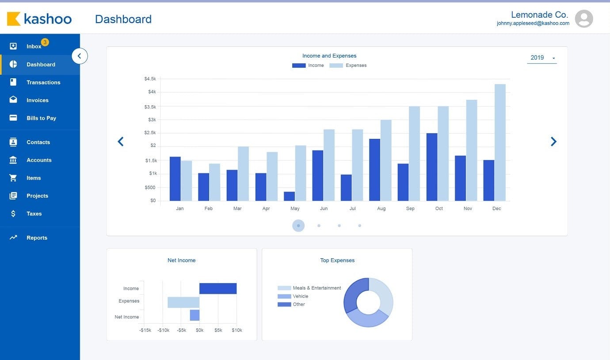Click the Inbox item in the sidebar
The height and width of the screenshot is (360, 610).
coord(34,46)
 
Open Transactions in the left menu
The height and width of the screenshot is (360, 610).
coord(43,82)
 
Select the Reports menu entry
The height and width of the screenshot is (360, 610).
coord(37,238)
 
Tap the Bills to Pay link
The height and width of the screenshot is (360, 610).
coord(41,118)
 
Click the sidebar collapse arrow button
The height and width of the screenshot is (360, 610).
coord(80,56)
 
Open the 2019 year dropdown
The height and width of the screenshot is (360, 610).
coord(541,58)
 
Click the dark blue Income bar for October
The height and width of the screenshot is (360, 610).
coord(432,167)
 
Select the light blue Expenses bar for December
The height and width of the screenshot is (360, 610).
coord(500,142)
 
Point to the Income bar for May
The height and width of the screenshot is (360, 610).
coord(289,196)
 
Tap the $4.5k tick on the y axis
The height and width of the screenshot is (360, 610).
coord(150,79)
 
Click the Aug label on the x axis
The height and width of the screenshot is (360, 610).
coord(381,209)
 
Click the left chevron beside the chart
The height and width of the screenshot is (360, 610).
coord(121,142)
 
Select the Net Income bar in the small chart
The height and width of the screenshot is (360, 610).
coord(194,315)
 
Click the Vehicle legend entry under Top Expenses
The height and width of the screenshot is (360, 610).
coord(300,296)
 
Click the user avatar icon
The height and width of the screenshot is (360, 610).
coord(583,19)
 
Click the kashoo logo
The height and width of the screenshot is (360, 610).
coord(39,19)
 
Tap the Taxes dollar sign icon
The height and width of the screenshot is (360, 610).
coord(13,214)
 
